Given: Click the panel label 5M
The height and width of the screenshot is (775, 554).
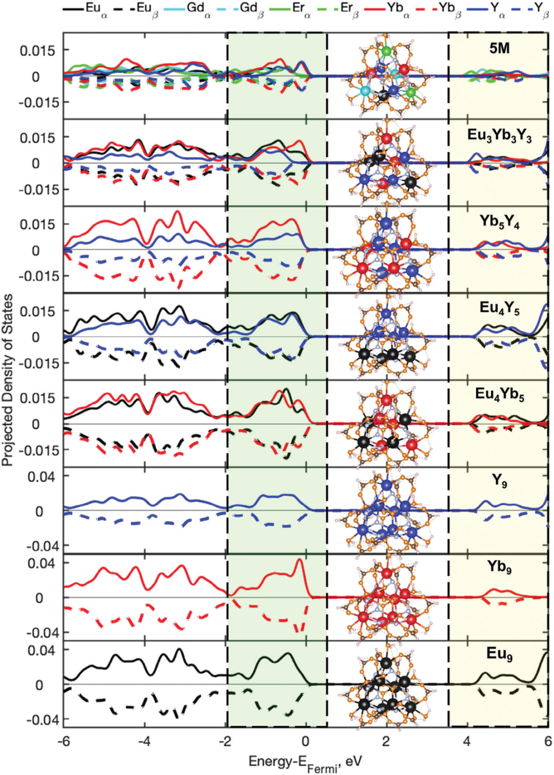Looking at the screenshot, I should click(499, 48).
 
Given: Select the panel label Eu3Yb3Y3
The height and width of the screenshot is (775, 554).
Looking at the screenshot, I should click(499, 136).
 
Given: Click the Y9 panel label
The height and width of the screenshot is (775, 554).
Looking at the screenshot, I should click(499, 481).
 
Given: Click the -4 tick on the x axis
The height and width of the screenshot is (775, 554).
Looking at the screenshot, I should click(145, 741).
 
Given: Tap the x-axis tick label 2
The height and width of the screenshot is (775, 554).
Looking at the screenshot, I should click(386, 741).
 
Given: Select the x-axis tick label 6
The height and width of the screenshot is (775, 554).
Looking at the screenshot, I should click(547, 741).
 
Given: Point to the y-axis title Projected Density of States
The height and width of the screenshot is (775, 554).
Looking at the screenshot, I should click(8, 380).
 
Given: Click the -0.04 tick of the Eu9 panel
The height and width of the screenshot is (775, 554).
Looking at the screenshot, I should click(43, 720).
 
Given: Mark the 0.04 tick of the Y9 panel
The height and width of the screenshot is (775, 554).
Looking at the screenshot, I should click(43, 476).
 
